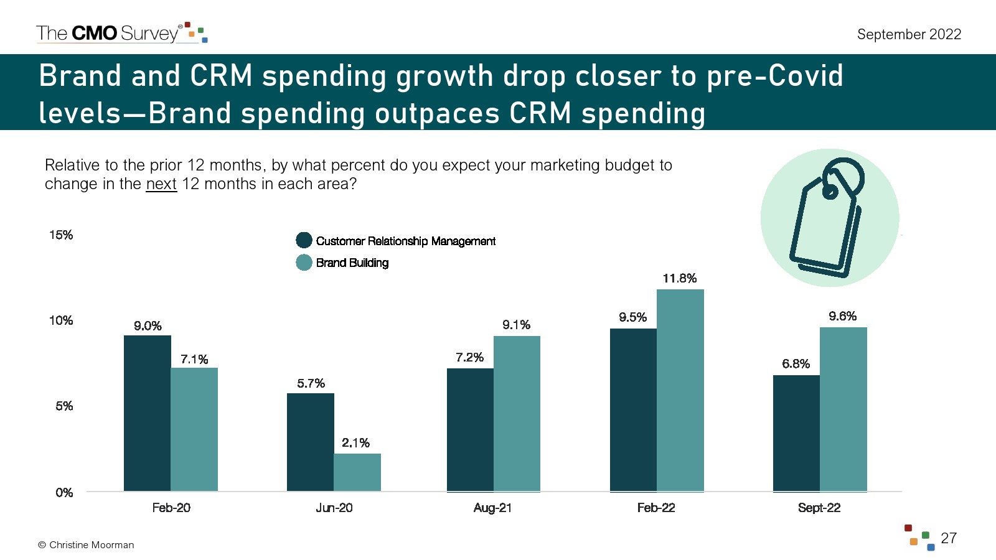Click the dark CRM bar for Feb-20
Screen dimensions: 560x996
[147, 413]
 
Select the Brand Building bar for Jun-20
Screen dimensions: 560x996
[357, 472]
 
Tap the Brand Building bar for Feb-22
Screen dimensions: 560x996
[680, 390]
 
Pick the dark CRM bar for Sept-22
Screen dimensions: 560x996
[796, 433]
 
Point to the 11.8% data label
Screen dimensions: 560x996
[679, 278]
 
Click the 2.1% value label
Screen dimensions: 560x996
[355, 443]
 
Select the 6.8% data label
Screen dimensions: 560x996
[796, 363]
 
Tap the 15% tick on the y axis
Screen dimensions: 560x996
[61, 235]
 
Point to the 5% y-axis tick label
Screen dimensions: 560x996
[64, 406]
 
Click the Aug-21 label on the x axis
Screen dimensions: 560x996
[492, 508]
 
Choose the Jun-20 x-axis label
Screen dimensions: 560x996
[334, 508]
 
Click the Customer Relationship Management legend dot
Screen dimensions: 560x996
[304, 240]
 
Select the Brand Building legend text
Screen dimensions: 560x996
[352, 263]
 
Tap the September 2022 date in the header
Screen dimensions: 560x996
[909, 34]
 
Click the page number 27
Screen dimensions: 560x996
[949, 538]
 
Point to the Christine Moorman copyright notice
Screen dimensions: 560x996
[86, 545]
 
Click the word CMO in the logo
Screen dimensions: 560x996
[95, 33]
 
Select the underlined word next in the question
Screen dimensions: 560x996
[161, 184]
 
